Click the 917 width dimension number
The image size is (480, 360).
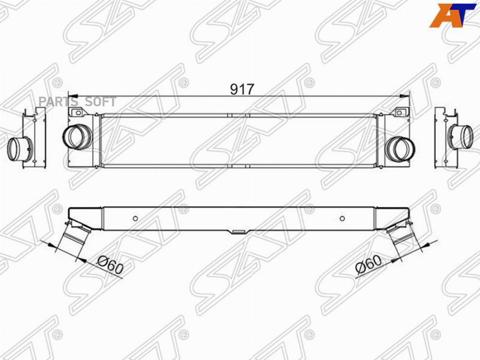(x=242, y=89)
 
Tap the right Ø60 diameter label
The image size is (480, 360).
(x=369, y=265)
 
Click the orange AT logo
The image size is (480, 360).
(x=453, y=15)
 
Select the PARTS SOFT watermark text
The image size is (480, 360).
(x=77, y=101)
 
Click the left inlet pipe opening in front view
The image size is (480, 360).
(x=77, y=137)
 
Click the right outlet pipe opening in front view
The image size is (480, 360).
(x=401, y=149)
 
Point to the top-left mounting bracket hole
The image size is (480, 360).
(x=78, y=113)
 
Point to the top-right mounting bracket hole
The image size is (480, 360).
(x=399, y=113)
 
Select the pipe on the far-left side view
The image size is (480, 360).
(x=19, y=149)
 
